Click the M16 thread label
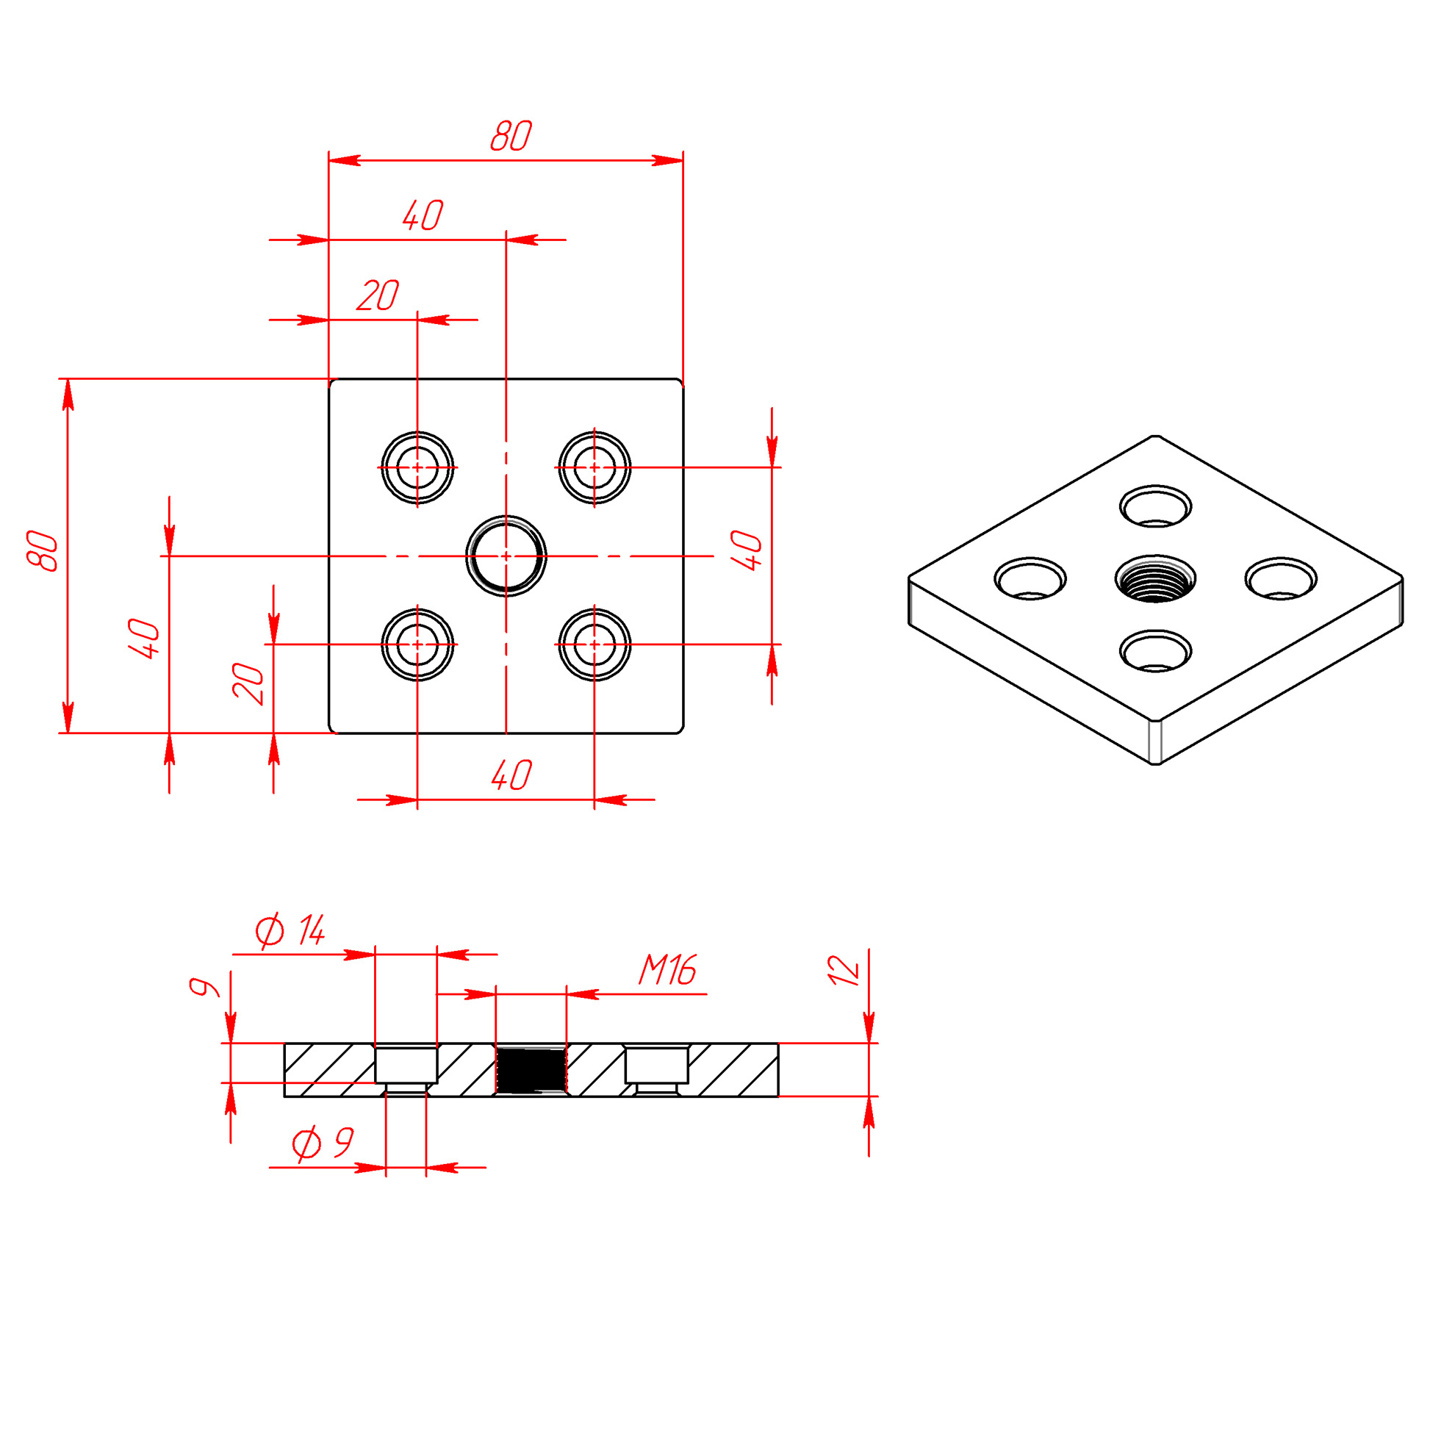667,970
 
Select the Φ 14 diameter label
290,931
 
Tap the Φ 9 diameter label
323,1143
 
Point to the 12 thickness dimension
844,971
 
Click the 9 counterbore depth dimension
204,987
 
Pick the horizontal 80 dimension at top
511,135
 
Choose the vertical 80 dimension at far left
42,551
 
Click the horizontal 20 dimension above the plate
377,295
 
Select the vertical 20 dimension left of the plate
248,684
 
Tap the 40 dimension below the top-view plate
511,775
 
